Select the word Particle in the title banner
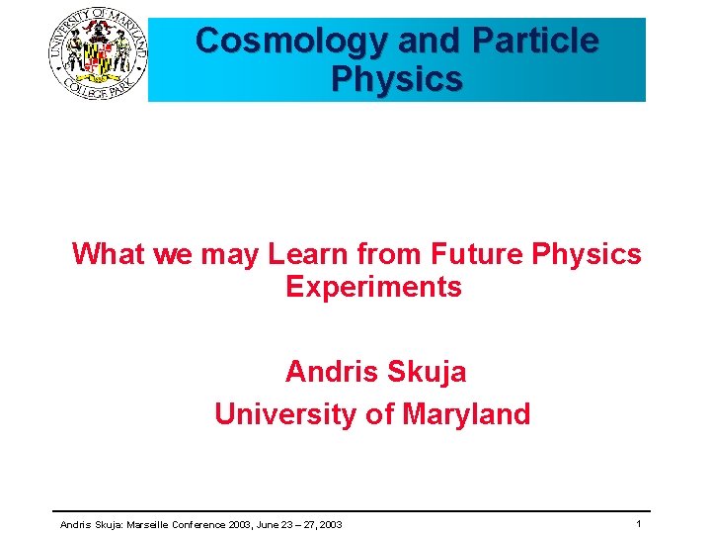click(x=534, y=42)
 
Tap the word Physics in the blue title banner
click(x=397, y=79)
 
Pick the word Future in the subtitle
click(x=478, y=254)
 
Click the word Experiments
click(x=373, y=288)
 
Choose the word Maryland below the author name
click(x=466, y=413)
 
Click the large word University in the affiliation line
click(x=285, y=413)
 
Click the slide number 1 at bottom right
click(x=639, y=523)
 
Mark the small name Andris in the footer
click(x=75, y=524)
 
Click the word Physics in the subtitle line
click(x=587, y=254)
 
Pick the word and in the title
click(x=429, y=42)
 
